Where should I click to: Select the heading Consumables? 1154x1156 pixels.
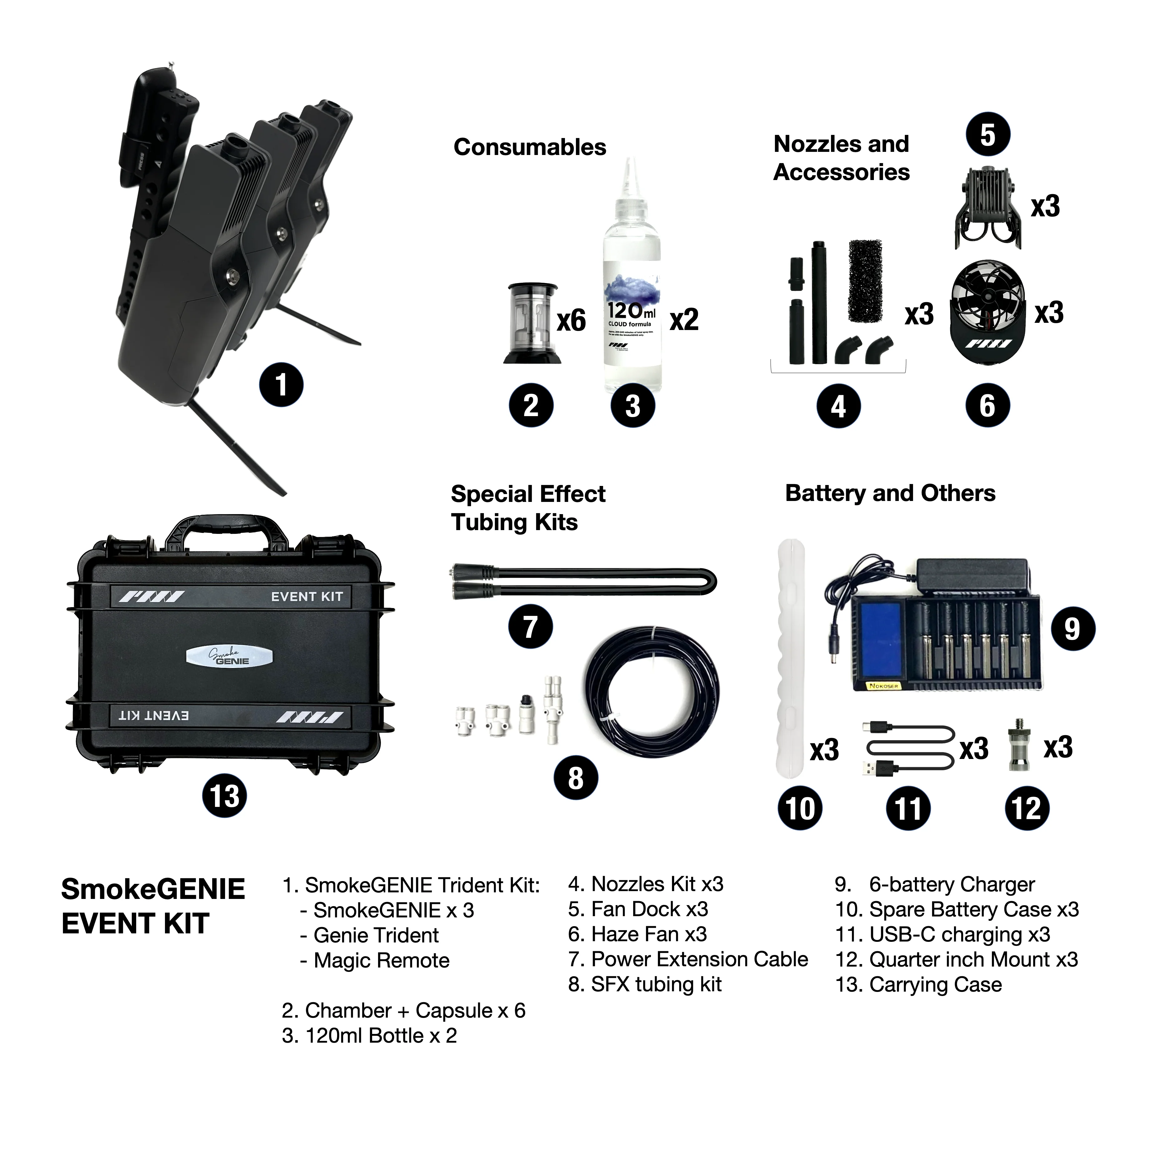530,147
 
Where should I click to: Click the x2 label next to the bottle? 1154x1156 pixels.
684,320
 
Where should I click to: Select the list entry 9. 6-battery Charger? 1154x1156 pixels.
935,884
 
